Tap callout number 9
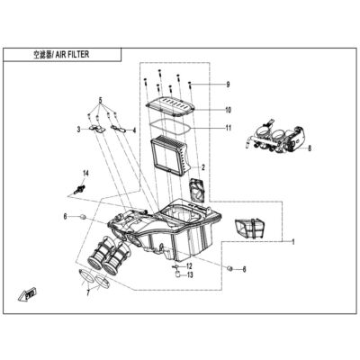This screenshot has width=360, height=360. tap(228, 85)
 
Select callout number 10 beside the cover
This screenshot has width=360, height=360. tap(229, 110)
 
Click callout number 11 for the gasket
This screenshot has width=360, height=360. tap(229, 128)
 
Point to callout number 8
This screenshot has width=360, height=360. tap(310, 148)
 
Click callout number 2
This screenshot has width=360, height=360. tap(203, 167)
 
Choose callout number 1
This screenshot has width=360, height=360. tap(293, 242)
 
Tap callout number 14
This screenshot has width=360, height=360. tap(85, 173)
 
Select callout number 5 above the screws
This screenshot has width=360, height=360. tap(101, 100)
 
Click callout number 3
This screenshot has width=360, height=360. tap(78, 130)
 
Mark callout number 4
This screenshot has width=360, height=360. tap(134, 130)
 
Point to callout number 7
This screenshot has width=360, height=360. tap(88, 292)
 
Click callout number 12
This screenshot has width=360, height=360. tap(189, 266)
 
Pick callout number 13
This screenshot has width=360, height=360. tap(190, 274)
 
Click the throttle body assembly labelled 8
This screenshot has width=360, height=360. tap(276, 138)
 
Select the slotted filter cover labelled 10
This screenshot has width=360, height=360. tap(170, 106)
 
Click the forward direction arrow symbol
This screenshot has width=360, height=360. tap(27, 295)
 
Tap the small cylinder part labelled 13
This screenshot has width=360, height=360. tap(177, 274)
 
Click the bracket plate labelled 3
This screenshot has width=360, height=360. tap(97, 129)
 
